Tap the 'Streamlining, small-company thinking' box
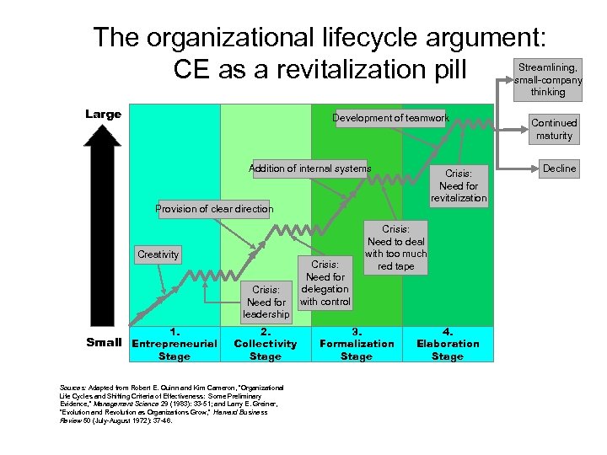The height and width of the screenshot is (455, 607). click(548, 78)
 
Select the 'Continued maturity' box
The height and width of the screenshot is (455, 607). click(554, 129)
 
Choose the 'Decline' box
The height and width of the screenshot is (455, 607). click(559, 169)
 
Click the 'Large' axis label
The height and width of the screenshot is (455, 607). click(103, 115)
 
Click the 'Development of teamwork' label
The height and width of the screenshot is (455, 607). click(390, 119)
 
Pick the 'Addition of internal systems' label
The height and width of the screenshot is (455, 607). click(309, 169)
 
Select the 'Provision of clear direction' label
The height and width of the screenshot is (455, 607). click(214, 209)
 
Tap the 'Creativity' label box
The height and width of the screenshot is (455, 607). click(158, 254)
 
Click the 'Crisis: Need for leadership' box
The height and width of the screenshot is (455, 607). click(266, 302)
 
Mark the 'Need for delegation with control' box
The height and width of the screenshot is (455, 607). click(325, 283)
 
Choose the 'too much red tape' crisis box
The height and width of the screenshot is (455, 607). click(395, 248)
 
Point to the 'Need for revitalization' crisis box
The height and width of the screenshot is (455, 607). click(459, 186)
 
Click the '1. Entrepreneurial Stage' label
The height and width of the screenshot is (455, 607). click(174, 344)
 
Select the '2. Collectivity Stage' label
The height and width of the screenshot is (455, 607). click(266, 344)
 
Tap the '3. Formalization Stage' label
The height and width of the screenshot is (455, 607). click(357, 344)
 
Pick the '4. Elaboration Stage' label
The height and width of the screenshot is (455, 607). click(448, 344)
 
